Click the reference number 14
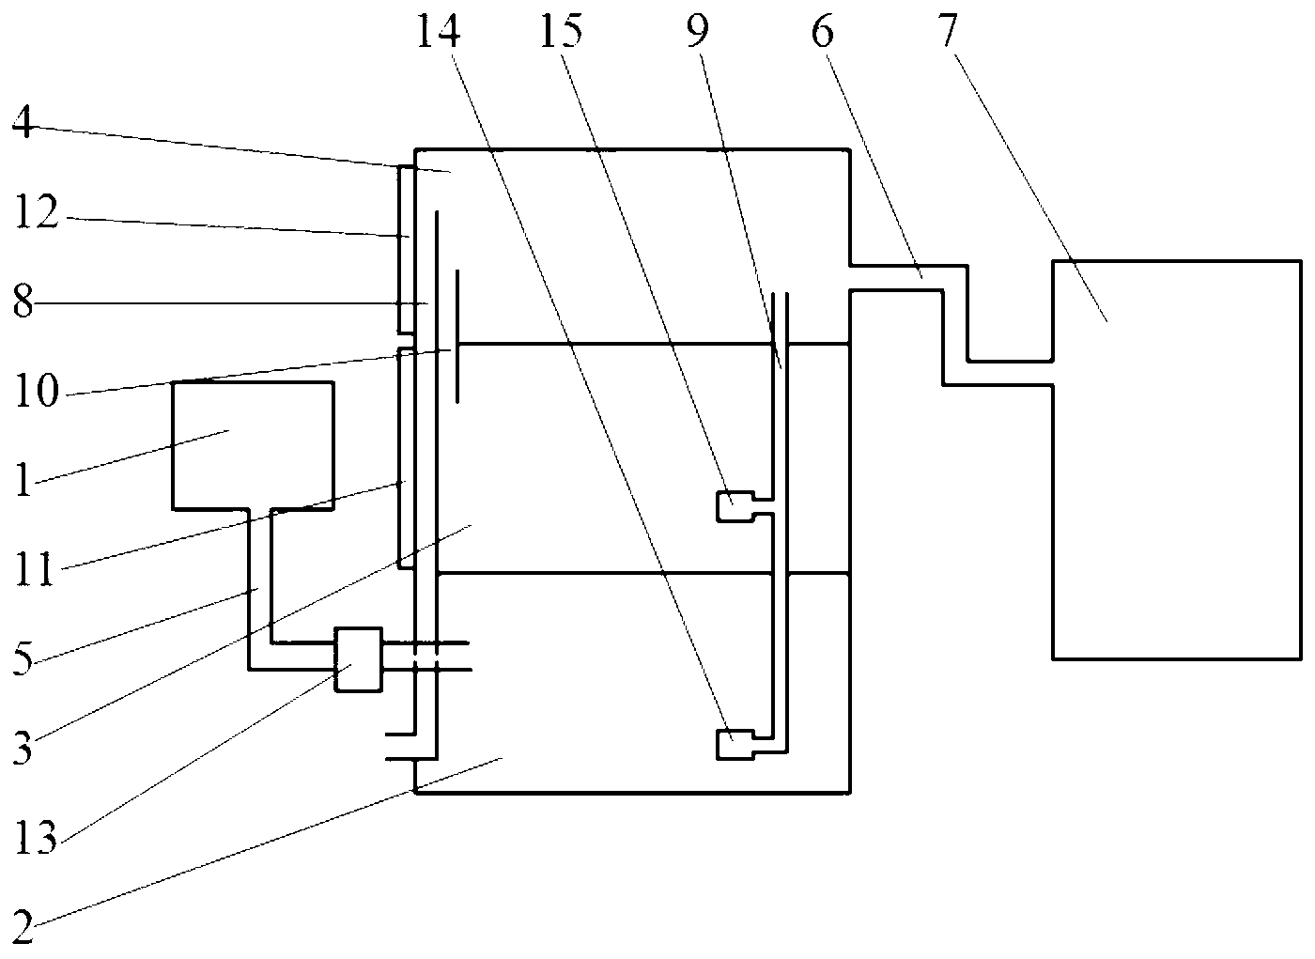click(x=438, y=33)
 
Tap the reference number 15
click(x=561, y=33)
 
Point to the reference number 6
click(x=823, y=33)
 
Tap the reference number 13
click(x=38, y=839)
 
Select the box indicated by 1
click(x=253, y=445)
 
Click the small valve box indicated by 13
click(x=359, y=659)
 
